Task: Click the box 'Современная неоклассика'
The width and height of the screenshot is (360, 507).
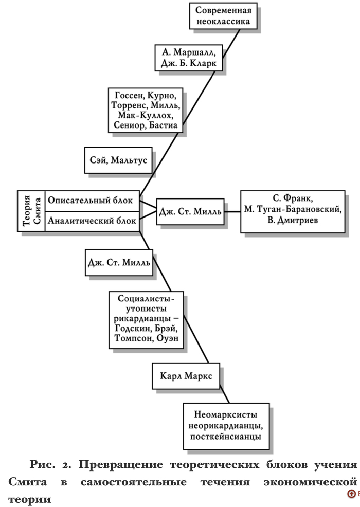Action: pyautogui.click(x=223, y=16)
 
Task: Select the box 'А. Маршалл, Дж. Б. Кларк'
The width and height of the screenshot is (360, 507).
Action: pyautogui.click(x=189, y=57)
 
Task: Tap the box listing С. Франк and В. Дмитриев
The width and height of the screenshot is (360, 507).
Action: pyautogui.click(x=293, y=211)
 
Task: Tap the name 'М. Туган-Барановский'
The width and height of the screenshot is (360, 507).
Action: pyautogui.click(x=293, y=211)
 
